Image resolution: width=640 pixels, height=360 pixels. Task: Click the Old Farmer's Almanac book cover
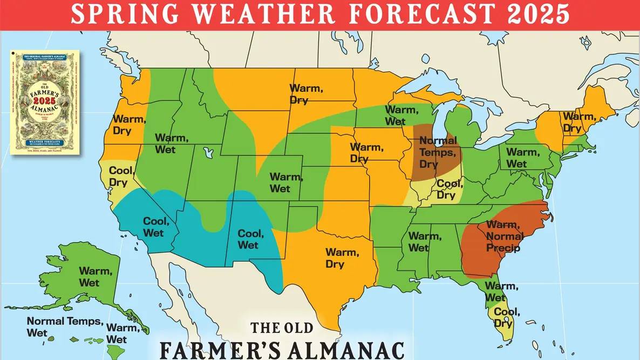pyautogui.click(x=44, y=103)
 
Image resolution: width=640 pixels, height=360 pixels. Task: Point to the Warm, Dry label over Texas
pyautogui.click(x=341, y=257)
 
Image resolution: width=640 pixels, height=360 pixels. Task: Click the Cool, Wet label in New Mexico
pyautogui.click(x=251, y=239)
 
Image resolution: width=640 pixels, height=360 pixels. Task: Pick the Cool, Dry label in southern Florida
pyautogui.click(x=507, y=317)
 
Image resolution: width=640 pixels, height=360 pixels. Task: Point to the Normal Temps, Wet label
pyautogui.click(x=65, y=327)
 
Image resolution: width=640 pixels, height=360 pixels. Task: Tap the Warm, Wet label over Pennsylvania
pyautogui.click(x=522, y=158)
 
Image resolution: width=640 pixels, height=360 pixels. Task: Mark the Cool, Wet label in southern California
pyautogui.click(x=156, y=227)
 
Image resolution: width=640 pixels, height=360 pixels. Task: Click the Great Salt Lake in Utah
pyautogui.click(x=206, y=153)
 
